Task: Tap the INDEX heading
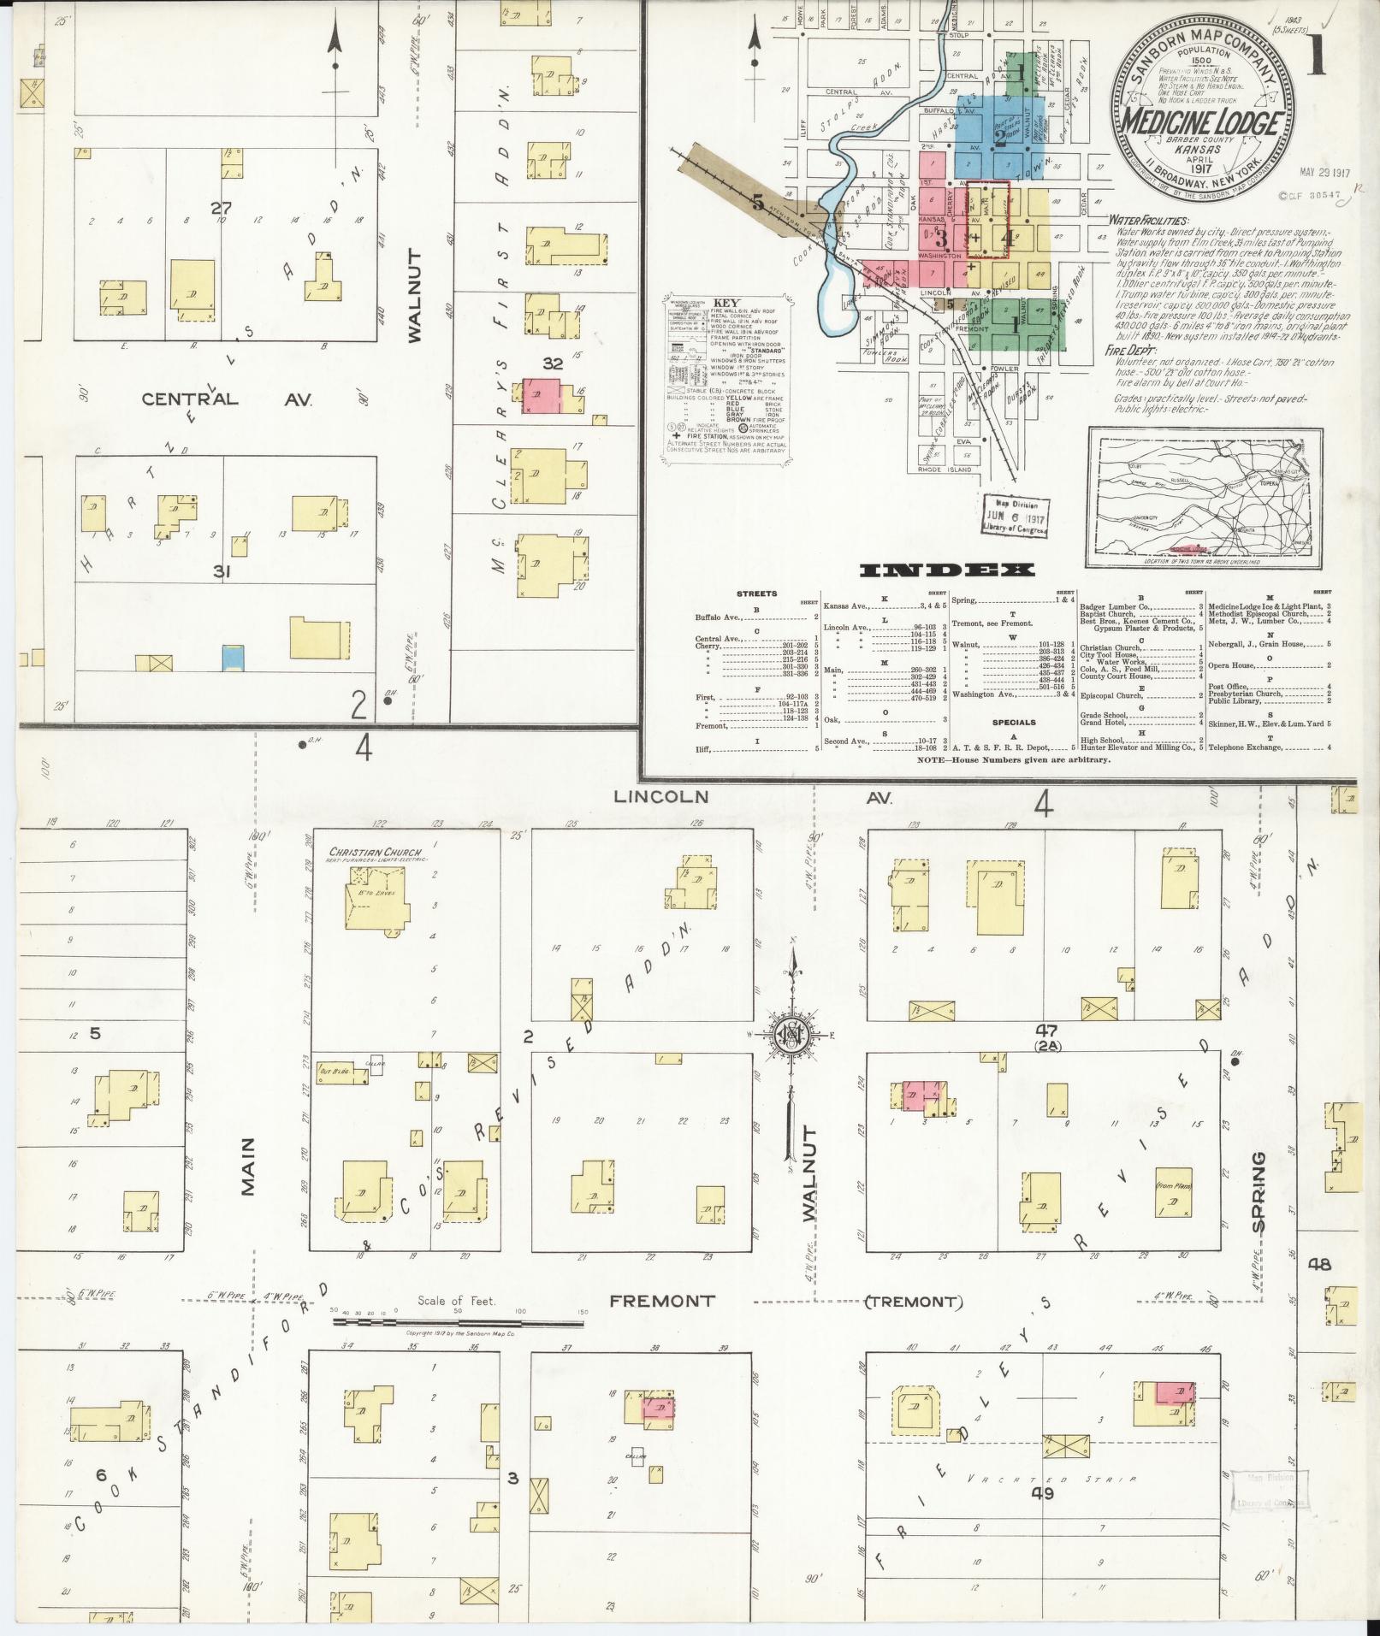click(947, 570)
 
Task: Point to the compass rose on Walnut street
click(792, 1034)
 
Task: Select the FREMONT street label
click(661, 1325)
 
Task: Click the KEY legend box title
click(726, 303)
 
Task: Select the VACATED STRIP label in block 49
click(1051, 1479)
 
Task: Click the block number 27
click(222, 207)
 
